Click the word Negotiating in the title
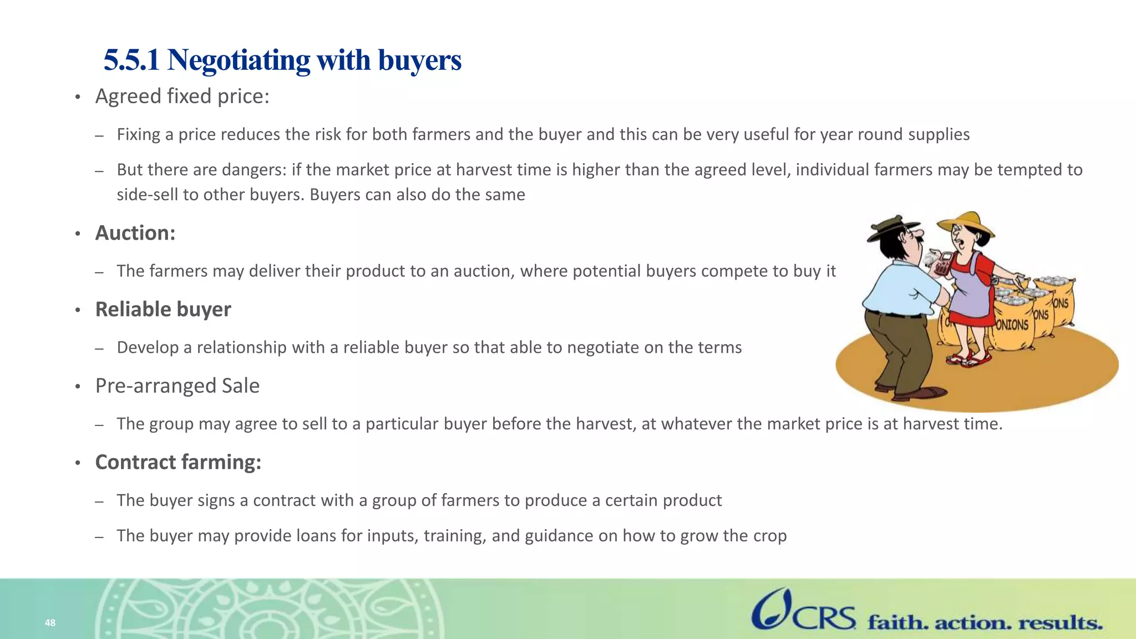click(x=239, y=60)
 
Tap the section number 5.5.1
click(x=131, y=60)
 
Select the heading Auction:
click(x=135, y=233)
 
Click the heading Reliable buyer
click(x=163, y=310)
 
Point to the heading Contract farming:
click(x=178, y=463)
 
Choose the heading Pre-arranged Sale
click(x=177, y=386)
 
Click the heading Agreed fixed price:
click(x=182, y=97)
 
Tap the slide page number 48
click(x=50, y=623)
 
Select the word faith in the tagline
click(x=897, y=623)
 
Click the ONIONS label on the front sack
click(x=1012, y=324)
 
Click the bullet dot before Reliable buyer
click(x=78, y=310)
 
